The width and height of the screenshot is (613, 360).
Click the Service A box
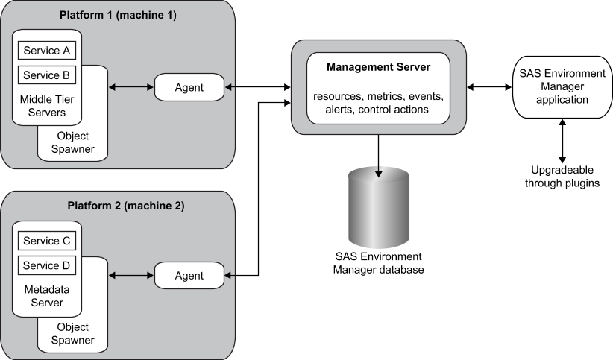tap(47, 51)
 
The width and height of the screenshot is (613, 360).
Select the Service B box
tap(47, 75)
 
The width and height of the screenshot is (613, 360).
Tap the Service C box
tap(47, 241)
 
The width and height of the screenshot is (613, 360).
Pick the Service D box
tap(47, 265)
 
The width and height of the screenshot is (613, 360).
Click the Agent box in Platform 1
tap(189, 88)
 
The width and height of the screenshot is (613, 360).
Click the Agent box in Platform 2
tap(189, 276)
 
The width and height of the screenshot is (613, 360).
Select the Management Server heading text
tap(378, 68)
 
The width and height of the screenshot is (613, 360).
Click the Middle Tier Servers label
tap(47, 106)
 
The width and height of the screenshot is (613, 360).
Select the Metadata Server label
tap(47, 297)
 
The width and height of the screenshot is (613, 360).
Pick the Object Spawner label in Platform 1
tap(72, 142)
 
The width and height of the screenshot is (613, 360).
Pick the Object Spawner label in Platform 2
tap(72, 334)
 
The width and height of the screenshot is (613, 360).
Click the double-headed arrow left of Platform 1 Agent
tap(132, 88)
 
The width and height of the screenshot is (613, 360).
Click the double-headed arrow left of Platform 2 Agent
tap(132, 276)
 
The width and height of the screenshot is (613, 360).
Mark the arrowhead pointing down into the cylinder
tap(378, 174)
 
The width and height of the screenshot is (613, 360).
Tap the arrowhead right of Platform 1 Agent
tap(228, 88)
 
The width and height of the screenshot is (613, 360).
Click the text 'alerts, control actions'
tap(378, 109)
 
